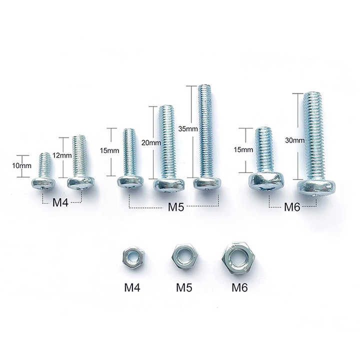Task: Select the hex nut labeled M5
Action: [x=182, y=257]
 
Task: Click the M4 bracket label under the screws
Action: [x=60, y=202]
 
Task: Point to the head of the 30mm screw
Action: [x=316, y=186]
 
